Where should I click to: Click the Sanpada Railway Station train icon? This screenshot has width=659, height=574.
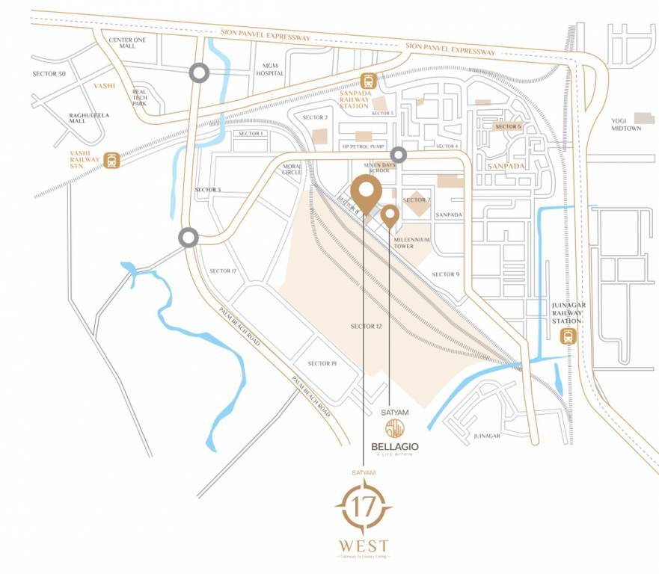(368, 81)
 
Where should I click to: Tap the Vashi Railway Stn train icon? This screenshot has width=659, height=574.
(112, 159)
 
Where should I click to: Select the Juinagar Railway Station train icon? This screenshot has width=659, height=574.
(569, 336)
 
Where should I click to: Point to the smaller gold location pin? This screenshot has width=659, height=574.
(390, 216)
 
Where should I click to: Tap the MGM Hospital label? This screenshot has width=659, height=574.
(269, 70)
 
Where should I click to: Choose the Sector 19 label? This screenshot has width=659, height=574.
(322, 363)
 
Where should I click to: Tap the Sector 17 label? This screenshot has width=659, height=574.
(223, 271)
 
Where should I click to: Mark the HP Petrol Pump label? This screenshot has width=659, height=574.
(363, 146)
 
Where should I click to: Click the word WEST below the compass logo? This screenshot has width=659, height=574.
(364, 544)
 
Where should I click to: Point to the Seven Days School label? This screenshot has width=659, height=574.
(376, 167)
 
